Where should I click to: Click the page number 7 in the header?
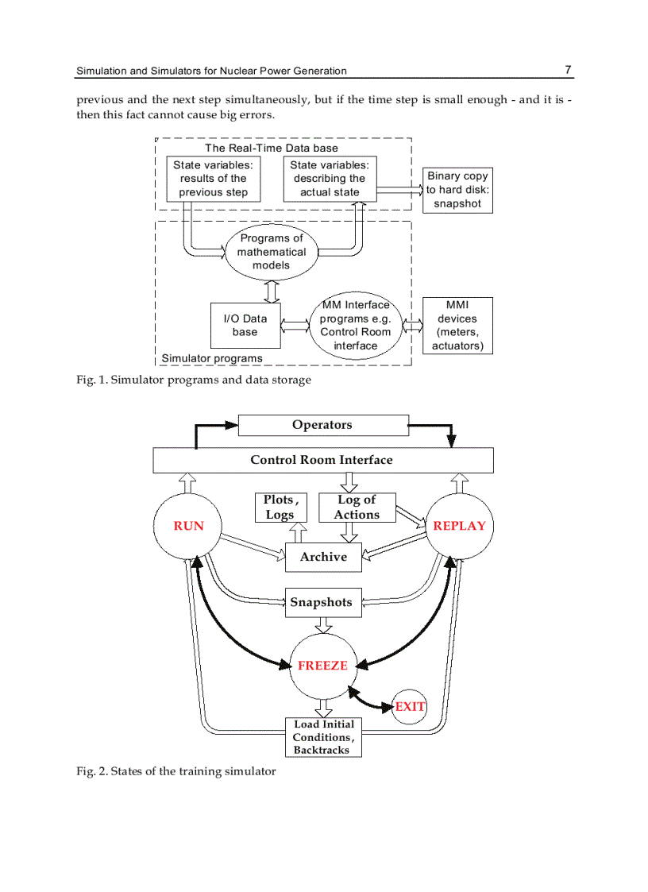[x=568, y=70]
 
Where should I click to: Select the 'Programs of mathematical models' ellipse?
[x=272, y=252]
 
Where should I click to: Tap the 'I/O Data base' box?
[x=245, y=326]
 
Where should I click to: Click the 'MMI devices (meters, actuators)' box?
[x=457, y=326]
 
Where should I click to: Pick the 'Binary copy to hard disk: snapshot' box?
[x=457, y=191]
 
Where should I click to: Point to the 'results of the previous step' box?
[x=213, y=179]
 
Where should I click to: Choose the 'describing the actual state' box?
[x=330, y=179]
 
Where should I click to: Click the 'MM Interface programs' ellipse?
[x=355, y=326]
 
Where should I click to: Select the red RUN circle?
[x=188, y=526]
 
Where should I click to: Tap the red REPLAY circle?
[x=459, y=526]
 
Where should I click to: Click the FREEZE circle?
[x=322, y=666]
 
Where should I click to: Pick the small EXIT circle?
[x=410, y=706]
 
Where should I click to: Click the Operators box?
[x=322, y=425]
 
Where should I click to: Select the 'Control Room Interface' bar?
[x=322, y=460]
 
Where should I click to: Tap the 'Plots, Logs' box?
[x=280, y=508]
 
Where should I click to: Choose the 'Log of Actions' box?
[x=357, y=508]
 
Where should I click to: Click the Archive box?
[x=323, y=557]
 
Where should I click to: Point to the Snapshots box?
[x=322, y=602]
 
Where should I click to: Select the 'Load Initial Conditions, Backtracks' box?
[x=322, y=737]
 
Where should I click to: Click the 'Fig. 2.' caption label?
[x=92, y=771]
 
